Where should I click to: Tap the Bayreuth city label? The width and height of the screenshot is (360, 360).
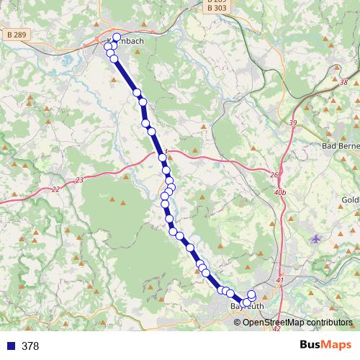click(x=247, y=307)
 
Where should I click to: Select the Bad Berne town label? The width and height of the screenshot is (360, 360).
click(x=340, y=146)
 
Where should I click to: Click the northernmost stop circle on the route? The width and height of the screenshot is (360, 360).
click(x=116, y=37)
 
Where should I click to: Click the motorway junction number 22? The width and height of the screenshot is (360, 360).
click(x=56, y=189)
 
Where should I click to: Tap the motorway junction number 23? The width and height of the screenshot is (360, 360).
click(x=79, y=180)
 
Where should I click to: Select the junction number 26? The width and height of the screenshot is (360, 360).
click(x=274, y=175)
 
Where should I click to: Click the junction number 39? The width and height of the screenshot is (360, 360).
click(x=293, y=124)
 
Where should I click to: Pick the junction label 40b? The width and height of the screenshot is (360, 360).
click(x=281, y=193)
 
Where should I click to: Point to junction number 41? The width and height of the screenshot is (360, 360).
click(x=280, y=280)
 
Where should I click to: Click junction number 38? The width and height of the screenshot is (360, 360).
click(x=343, y=83)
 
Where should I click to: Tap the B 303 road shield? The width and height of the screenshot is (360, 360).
click(x=215, y=8)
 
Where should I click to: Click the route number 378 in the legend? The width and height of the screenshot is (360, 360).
click(x=30, y=346)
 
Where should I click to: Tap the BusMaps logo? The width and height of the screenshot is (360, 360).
click(x=325, y=346)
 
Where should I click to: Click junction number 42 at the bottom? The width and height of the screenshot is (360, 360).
click(x=277, y=329)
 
